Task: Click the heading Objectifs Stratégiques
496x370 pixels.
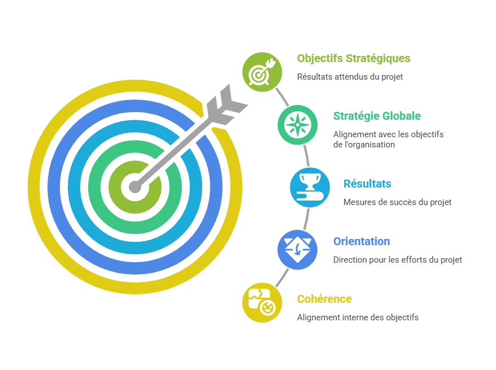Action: click(354, 58)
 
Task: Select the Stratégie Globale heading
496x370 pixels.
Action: click(377, 116)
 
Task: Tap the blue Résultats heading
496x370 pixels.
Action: click(367, 184)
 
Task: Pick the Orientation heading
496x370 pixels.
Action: click(361, 241)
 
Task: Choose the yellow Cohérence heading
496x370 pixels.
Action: click(324, 299)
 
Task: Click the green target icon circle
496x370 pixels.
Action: click(262, 71)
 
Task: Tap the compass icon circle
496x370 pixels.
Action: click(297, 124)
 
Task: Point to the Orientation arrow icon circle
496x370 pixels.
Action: click(297, 249)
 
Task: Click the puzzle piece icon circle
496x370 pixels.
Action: click(262, 303)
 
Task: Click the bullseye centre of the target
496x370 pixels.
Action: click(134, 186)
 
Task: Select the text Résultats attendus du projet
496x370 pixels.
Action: click(350, 77)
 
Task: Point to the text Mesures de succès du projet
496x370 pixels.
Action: click(397, 202)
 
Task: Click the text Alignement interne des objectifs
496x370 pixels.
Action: click(358, 317)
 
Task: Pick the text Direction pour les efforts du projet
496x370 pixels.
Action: click(397, 260)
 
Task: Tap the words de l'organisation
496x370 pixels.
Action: click(363, 145)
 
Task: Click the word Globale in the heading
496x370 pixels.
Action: click(401, 116)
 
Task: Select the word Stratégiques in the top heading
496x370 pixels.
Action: click(378, 58)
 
